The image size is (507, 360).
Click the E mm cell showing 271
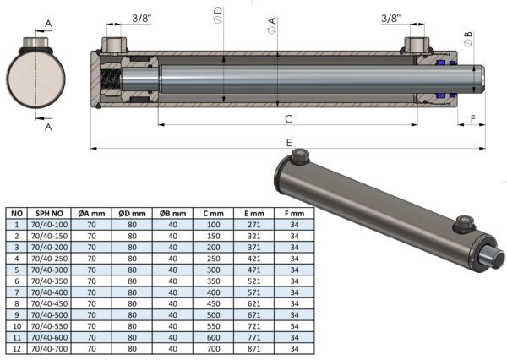[x=253, y=225]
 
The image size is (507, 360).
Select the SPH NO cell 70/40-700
[x=50, y=349]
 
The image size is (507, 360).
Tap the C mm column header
[x=214, y=214]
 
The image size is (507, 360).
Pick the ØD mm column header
[x=132, y=214]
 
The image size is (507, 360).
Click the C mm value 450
[x=214, y=303]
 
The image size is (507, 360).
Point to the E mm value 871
[x=253, y=349]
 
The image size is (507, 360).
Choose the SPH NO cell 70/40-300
[x=50, y=270]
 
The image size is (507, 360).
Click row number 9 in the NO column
[x=17, y=314]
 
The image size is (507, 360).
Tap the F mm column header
[x=294, y=214]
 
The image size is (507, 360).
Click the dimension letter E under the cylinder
[x=289, y=142]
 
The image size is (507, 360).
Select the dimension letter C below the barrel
[x=289, y=119]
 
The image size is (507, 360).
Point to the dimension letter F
[x=472, y=119]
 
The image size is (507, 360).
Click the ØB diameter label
[x=468, y=39]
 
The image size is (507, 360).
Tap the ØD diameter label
[x=218, y=15]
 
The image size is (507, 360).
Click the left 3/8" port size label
[x=142, y=18]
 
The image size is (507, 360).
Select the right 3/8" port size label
[x=390, y=18]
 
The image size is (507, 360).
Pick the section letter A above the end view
[x=48, y=24]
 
